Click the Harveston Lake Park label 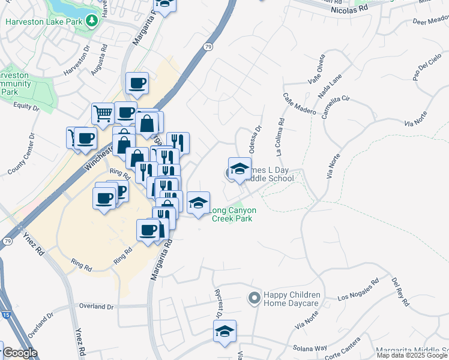coord(43,22)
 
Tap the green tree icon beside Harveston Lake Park coord(91,22)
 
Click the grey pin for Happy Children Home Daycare coord(254,298)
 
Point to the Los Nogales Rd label coord(359,289)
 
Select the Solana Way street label coord(309,348)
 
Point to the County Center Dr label coord(21,158)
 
